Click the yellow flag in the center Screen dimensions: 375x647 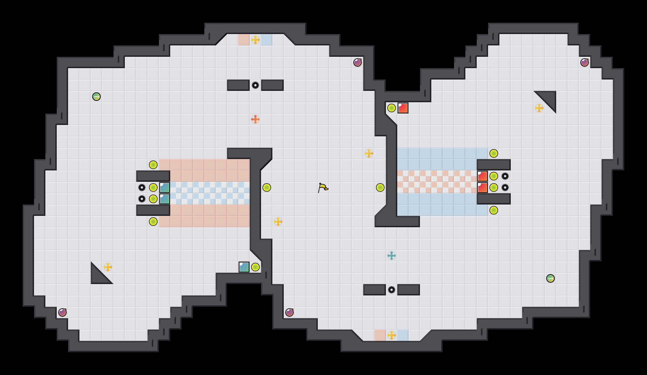(323, 188)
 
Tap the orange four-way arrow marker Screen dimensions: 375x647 (255, 119)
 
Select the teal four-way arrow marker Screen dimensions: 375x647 (392, 256)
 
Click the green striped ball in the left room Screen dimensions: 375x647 (96, 97)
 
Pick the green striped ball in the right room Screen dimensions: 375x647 (551, 278)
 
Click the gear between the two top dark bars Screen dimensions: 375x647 (255, 85)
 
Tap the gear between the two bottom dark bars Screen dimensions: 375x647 (392, 290)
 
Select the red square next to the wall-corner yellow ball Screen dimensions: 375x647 (403, 108)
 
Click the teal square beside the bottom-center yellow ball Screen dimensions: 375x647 (244, 267)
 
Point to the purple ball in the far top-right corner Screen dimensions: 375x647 (585, 63)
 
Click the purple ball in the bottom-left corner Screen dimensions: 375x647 (62, 312)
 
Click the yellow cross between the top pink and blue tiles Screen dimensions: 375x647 (255, 40)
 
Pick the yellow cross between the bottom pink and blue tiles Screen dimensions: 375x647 (392, 335)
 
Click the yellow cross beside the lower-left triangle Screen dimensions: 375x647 (108, 267)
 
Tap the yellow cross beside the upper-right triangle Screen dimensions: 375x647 (539, 108)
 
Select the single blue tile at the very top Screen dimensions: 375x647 (267, 40)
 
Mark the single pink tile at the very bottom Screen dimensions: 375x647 (380, 335)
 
